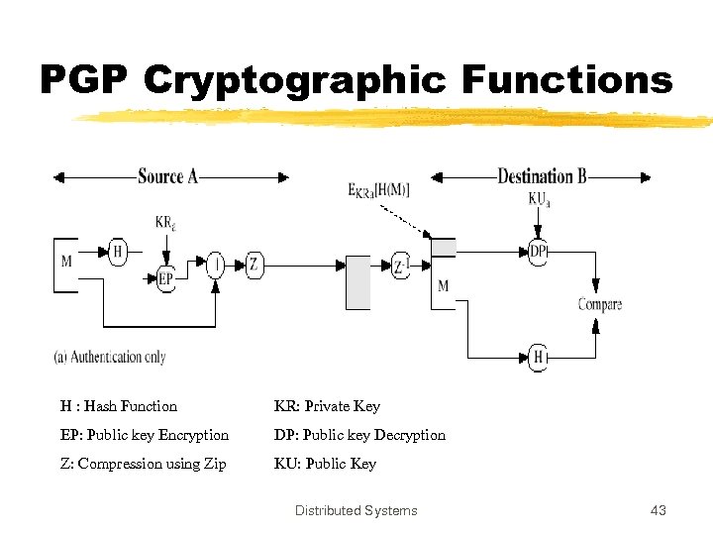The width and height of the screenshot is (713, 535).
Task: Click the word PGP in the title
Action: pyautogui.click(x=84, y=79)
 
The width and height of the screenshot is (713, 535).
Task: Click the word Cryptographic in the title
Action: pyautogui.click(x=294, y=79)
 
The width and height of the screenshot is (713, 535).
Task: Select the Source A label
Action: pyautogui.click(x=167, y=176)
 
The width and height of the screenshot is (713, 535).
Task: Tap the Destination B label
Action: pyautogui.click(x=542, y=176)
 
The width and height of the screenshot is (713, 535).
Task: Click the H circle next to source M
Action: pyautogui.click(x=118, y=252)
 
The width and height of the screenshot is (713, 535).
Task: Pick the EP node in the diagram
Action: pyautogui.click(x=166, y=279)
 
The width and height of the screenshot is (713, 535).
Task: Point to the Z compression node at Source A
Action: pyautogui.click(x=254, y=264)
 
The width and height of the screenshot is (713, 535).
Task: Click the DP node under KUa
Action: pyautogui.click(x=539, y=252)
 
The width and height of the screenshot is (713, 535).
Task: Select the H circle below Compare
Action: pyautogui.click(x=539, y=357)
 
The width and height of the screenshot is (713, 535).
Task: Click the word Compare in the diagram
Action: pyautogui.click(x=600, y=304)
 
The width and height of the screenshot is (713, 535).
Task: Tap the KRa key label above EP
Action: pyautogui.click(x=165, y=222)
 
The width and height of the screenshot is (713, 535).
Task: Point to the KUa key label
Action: pyautogui.click(x=540, y=201)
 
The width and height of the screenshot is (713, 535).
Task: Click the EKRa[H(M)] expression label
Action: pyautogui.click(x=378, y=190)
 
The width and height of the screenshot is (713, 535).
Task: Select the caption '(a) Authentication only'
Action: pyautogui.click(x=110, y=357)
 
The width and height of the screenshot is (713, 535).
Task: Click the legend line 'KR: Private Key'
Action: pyautogui.click(x=327, y=406)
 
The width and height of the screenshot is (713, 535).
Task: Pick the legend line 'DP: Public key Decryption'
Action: pyautogui.click(x=359, y=435)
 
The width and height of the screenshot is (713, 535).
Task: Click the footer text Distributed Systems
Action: pyautogui.click(x=356, y=511)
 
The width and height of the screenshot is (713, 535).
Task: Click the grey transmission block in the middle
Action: pyautogui.click(x=357, y=282)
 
